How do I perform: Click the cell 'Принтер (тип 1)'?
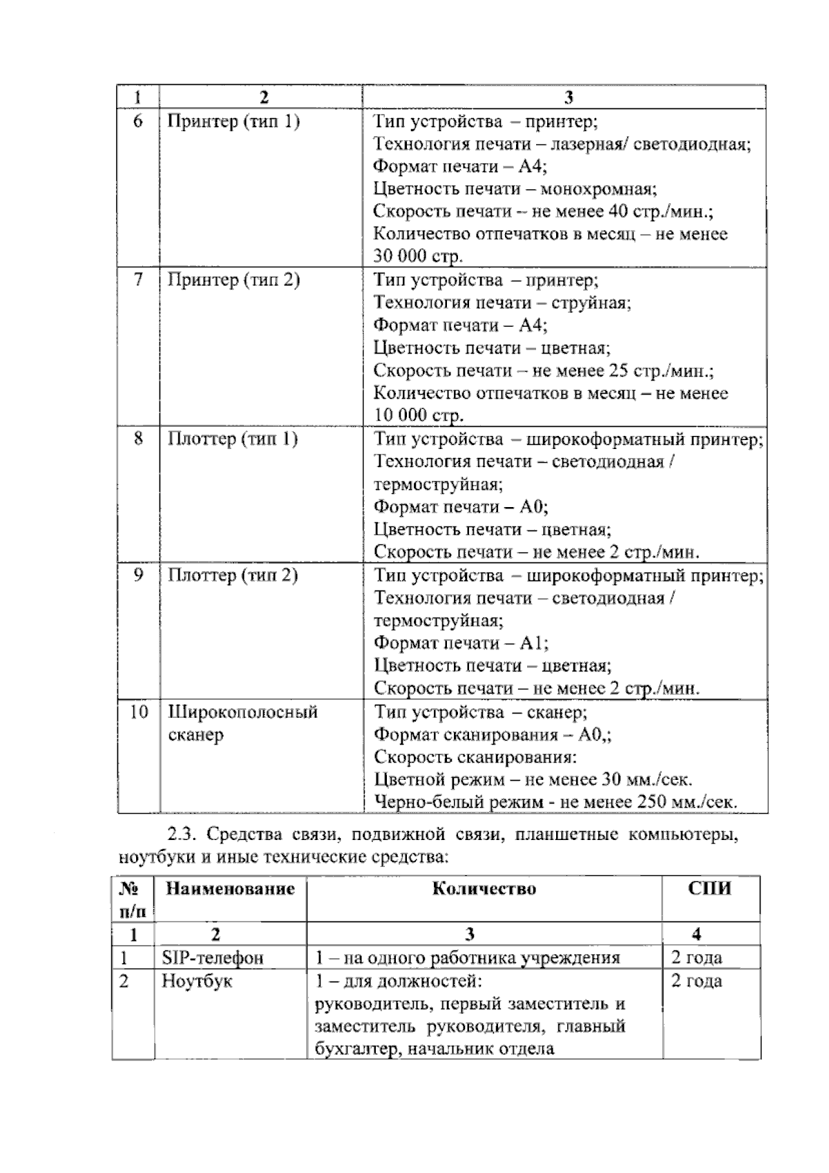[234, 122]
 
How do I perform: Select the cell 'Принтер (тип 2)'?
[234, 280]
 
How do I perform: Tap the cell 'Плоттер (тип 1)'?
[233, 439]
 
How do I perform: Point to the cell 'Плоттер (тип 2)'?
[233, 575]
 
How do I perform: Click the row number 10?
[138, 712]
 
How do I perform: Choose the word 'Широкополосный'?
[242, 712]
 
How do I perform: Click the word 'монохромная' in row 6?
[598, 189]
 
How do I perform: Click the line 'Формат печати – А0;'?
[461, 507]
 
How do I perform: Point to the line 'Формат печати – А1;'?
[461, 643]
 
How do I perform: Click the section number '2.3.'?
[183, 835]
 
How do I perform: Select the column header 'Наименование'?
[230, 889]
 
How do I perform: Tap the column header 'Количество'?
[484, 889]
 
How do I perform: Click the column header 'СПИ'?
[709, 889]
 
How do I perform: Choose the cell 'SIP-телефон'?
[213, 958]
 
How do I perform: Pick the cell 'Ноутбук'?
[197, 982]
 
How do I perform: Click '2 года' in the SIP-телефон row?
[696, 958]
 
